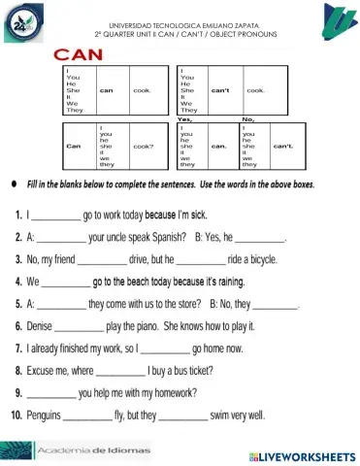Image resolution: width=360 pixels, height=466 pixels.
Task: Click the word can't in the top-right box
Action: [219, 89]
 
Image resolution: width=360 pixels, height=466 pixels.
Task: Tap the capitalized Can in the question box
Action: [73, 147]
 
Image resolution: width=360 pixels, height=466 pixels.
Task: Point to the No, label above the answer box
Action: [247, 118]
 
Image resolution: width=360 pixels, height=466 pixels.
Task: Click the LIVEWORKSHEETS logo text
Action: [302, 454]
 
